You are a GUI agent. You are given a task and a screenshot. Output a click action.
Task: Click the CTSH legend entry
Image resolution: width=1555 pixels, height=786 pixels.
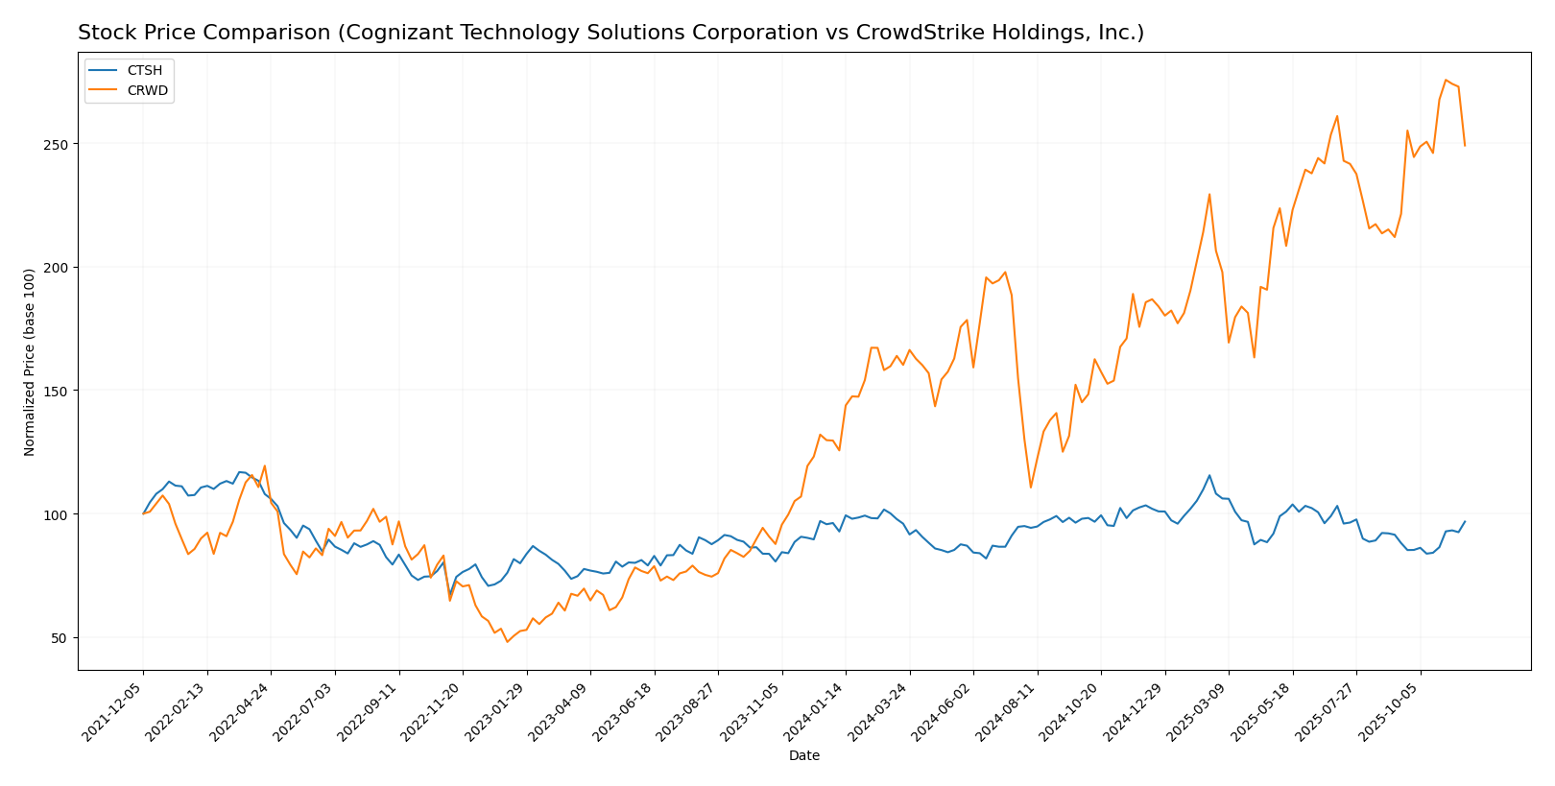(145, 70)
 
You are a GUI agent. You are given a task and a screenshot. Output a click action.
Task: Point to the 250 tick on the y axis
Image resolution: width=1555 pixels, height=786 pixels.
(59, 144)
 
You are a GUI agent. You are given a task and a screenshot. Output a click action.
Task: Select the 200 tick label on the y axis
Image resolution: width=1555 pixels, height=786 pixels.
(59, 268)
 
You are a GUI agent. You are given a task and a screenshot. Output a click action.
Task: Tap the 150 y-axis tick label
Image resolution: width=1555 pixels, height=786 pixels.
(59, 392)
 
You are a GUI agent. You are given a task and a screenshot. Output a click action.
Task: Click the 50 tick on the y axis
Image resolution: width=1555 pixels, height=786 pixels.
(62, 638)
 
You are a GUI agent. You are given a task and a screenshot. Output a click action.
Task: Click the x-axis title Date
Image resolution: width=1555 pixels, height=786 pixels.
(804, 756)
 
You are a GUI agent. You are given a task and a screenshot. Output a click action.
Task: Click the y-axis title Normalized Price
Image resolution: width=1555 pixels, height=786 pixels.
(30, 362)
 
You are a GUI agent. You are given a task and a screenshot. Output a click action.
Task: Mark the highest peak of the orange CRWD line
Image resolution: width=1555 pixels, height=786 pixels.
(1446, 80)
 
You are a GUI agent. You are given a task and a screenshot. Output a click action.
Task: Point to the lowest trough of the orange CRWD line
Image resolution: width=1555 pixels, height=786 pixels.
(508, 641)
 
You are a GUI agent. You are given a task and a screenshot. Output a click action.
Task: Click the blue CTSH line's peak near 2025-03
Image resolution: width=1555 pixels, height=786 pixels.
(1209, 475)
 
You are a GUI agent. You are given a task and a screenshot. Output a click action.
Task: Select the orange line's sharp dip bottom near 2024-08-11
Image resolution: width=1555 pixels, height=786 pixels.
(1031, 488)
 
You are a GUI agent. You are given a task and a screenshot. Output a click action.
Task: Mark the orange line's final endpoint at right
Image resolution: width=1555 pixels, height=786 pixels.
(1465, 146)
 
